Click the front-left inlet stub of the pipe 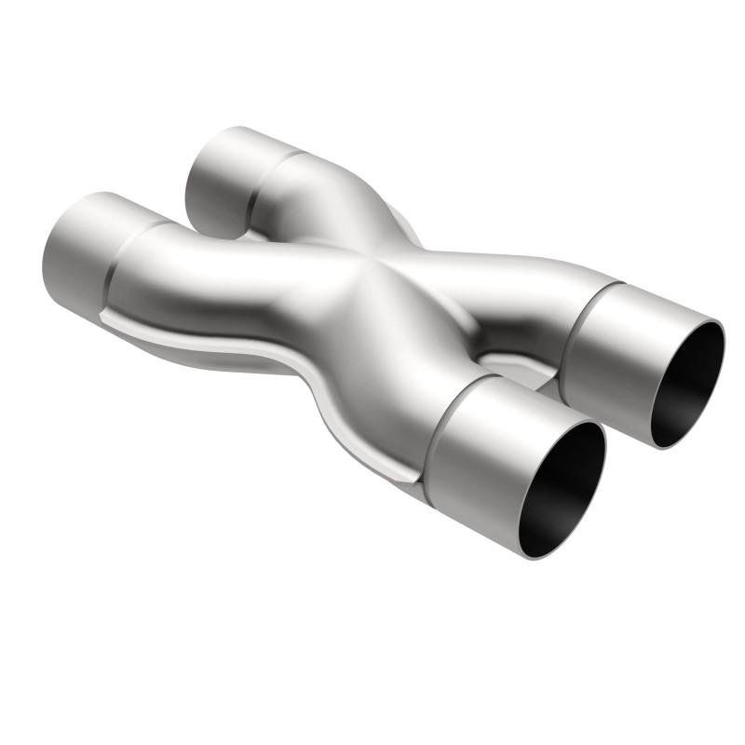point(79,251)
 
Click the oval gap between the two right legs point(508,359)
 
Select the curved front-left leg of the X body point(233,279)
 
